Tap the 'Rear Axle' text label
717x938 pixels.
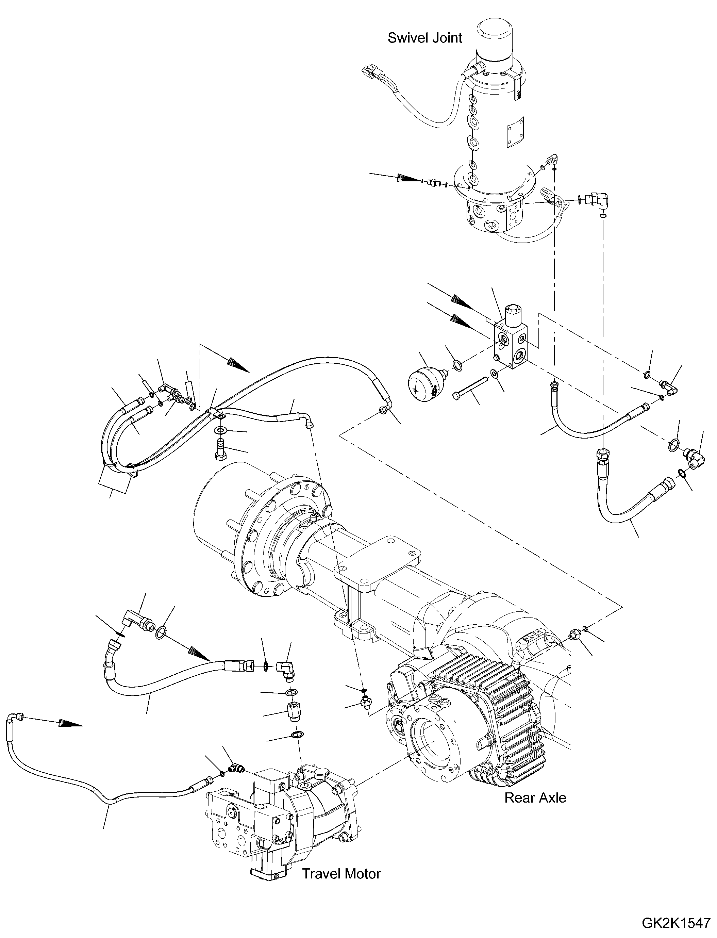pos(535,797)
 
